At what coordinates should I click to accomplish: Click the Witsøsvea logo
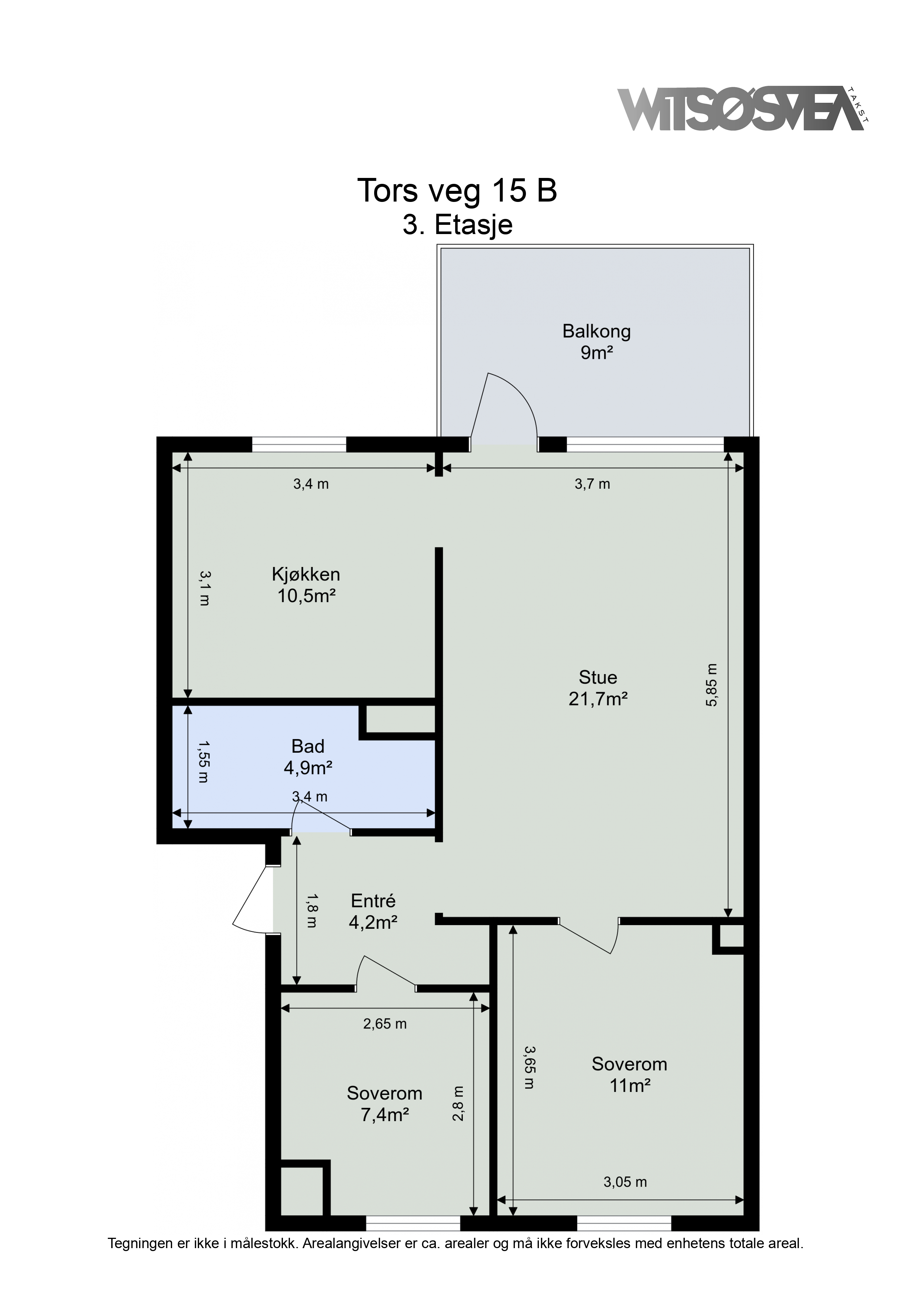(x=743, y=109)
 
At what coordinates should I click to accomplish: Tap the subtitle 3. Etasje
(x=457, y=225)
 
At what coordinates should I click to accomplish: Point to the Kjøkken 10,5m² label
(x=306, y=585)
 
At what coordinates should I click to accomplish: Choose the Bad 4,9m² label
(x=308, y=757)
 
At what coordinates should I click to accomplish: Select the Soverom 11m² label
(x=629, y=1075)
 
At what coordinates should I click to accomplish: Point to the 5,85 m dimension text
(x=712, y=685)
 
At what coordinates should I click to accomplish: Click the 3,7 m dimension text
(x=592, y=484)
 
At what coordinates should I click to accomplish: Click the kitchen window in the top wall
(x=298, y=445)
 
